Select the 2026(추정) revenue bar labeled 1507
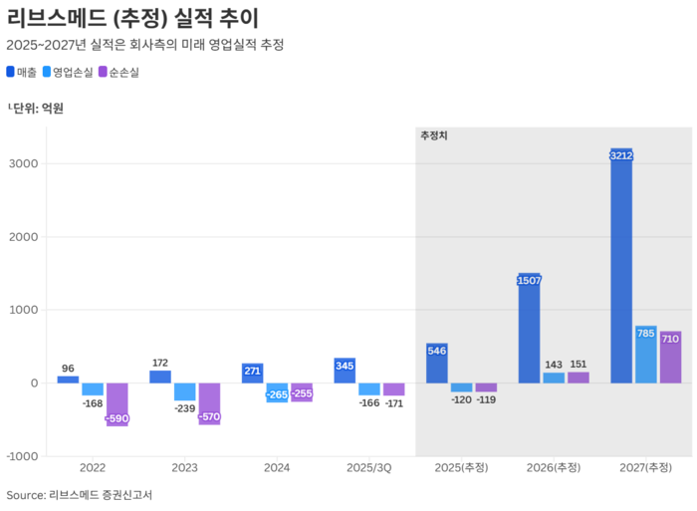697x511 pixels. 530,329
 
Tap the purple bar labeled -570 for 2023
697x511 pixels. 209,403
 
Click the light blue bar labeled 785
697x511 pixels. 645,355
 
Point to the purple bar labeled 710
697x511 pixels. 670,358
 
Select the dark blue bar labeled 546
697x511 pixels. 437,364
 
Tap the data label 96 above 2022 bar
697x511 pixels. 68,368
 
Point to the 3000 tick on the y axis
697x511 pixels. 23,164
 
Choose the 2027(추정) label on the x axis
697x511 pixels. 645,468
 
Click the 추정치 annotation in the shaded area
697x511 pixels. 434,135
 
